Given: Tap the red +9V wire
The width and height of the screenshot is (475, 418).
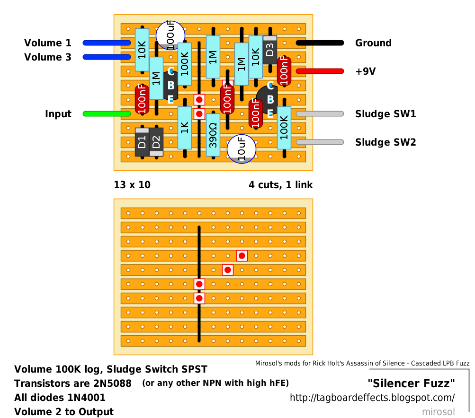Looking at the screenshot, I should coord(320,71).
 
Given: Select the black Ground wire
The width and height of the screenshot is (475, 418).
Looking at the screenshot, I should coord(320,43).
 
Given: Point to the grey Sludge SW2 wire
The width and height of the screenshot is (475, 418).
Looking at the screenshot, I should coord(320,142).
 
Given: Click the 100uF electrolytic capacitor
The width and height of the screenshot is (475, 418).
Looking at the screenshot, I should coord(170,35).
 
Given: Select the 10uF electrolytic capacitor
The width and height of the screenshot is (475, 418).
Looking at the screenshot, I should coord(241,148).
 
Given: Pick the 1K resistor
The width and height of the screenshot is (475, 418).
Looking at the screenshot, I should coord(185,128).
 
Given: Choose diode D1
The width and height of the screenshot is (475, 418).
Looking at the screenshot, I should coord(142,142).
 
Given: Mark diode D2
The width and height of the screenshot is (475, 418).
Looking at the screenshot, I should coord(156,142).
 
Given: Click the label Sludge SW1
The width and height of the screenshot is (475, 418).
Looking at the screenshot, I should coord(385,114).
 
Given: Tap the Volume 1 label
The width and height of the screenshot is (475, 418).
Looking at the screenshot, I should coord(48,43).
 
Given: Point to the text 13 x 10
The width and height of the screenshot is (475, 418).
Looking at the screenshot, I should coord(132,185).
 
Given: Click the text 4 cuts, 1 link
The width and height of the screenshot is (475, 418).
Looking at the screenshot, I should coord(281,185).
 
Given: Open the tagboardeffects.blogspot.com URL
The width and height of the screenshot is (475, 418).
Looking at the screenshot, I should coord(372,398).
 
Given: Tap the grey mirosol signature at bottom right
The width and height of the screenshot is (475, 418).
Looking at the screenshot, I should coord(438,412).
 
